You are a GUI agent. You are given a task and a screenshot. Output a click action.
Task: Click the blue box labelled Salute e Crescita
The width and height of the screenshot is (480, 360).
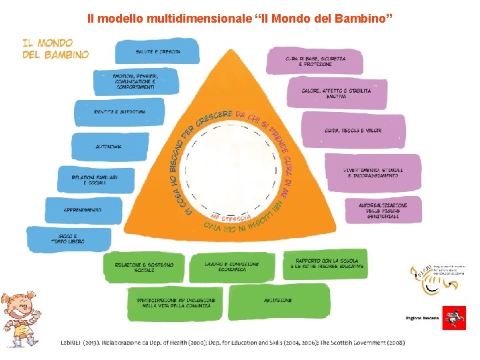click(x=157, y=52)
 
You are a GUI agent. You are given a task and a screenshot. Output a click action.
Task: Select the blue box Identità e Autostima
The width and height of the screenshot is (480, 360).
click(x=119, y=112)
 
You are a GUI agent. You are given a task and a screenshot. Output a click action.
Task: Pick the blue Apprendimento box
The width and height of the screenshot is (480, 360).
click(x=83, y=210)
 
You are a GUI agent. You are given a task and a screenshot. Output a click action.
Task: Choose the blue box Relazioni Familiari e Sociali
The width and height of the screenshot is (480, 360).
click(x=95, y=179)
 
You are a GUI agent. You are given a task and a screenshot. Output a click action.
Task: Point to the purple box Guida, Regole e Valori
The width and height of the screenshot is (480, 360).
click(x=353, y=130)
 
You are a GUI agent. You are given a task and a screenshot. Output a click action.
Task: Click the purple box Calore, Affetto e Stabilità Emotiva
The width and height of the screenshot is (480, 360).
click(x=337, y=93)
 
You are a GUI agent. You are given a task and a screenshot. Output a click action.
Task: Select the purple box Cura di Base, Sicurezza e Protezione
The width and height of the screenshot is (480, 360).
click(x=315, y=61)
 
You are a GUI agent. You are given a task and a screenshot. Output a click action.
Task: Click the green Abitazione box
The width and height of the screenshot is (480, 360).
click(x=277, y=301)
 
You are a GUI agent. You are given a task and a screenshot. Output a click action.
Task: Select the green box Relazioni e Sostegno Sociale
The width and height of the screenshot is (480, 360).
click(x=144, y=267)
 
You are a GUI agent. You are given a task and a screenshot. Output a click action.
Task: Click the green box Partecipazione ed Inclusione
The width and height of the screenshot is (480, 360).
click(x=173, y=303)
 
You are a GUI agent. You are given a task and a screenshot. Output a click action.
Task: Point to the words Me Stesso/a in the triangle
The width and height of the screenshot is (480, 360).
click(x=231, y=218)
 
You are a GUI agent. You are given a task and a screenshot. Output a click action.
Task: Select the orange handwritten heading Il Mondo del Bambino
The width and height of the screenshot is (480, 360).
click(x=55, y=47)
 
